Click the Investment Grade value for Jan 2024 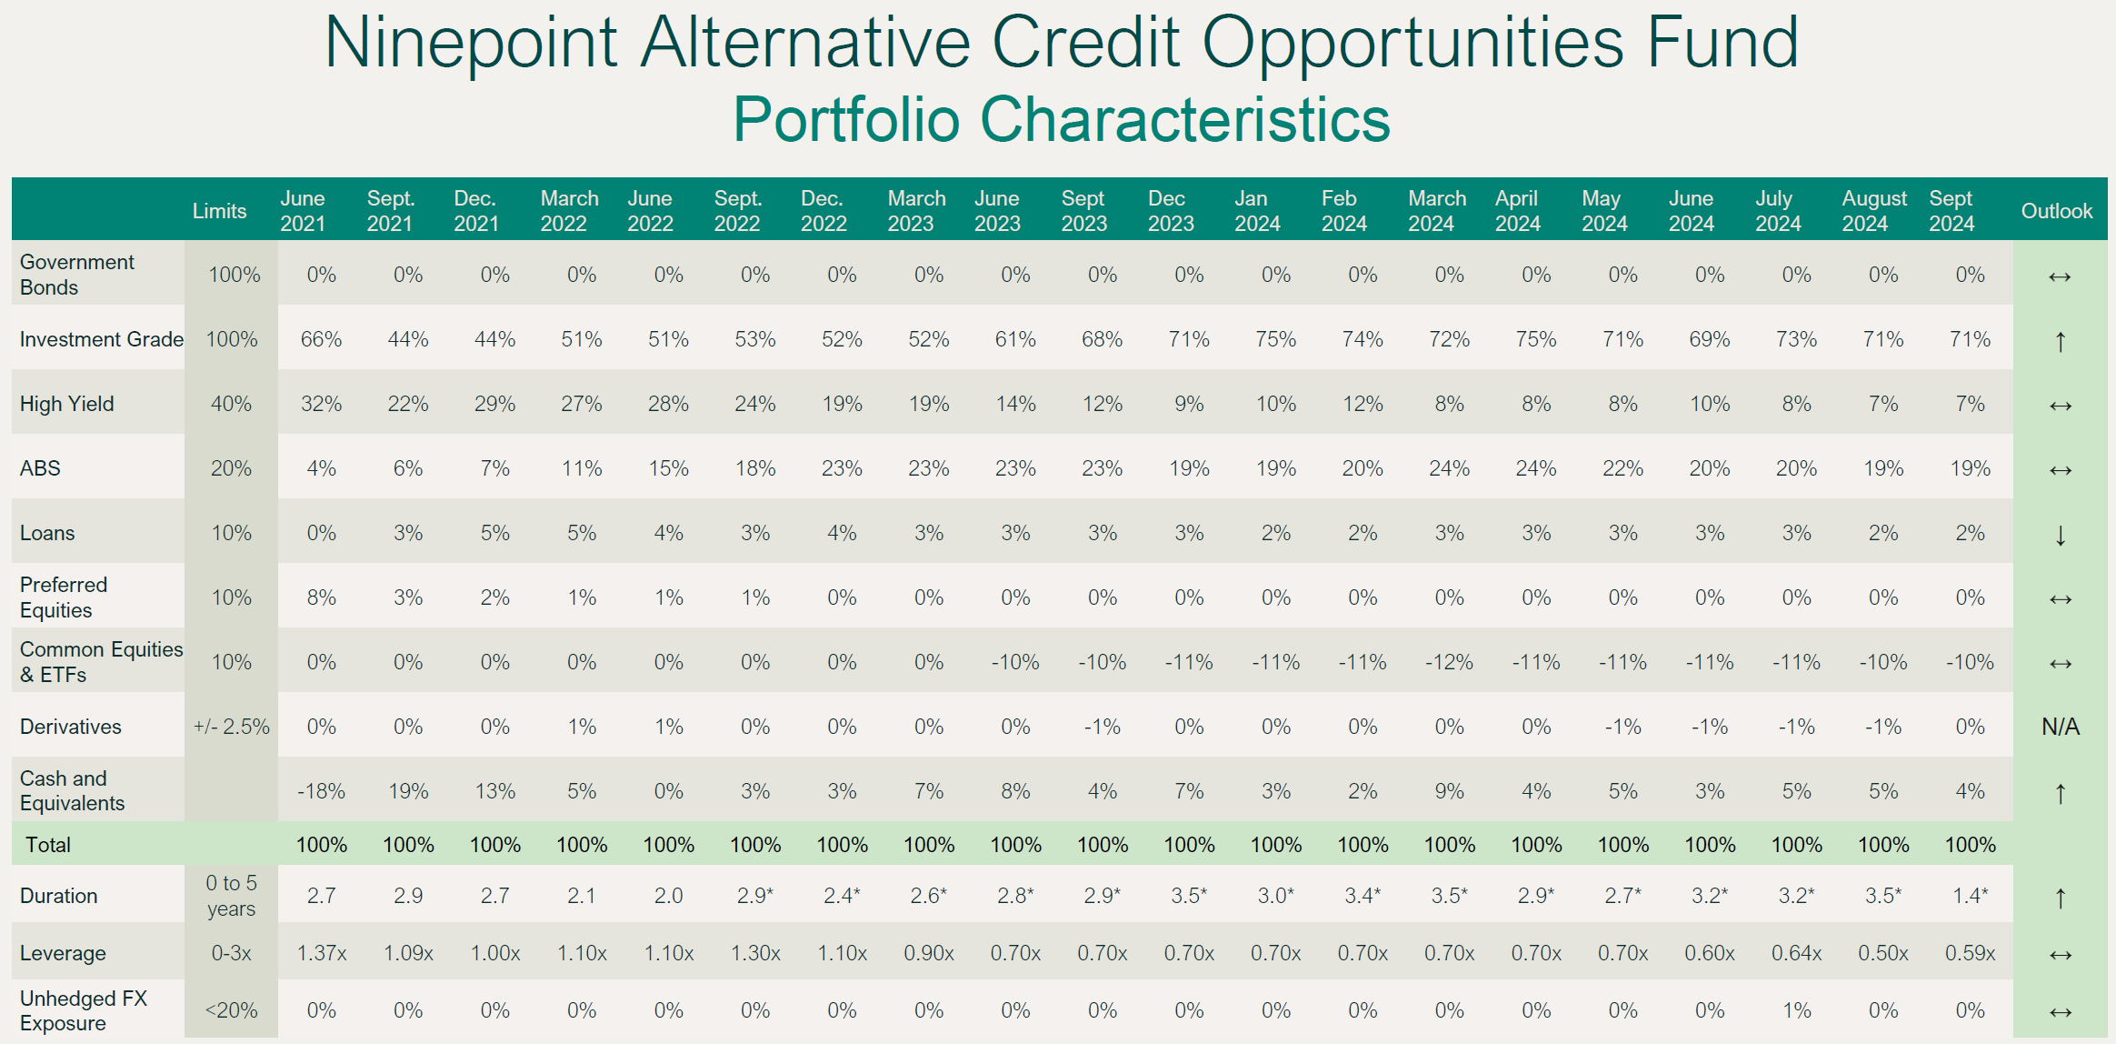coord(1275,339)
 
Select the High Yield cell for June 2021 coord(321,404)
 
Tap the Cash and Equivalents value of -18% coord(321,791)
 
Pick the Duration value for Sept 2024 coord(1970,896)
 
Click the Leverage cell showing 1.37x coord(321,953)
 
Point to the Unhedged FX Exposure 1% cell coord(1796,1010)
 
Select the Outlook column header coord(2056,211)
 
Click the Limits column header coord(219,211)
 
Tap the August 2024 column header coord(1873,211)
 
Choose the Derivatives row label coord(71,727)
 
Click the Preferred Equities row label coord(64,597)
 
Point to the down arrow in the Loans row coord(2060,535)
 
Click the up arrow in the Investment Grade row coord(2060,341)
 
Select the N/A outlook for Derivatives coord(2060,727)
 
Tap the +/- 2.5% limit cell coord(231,727)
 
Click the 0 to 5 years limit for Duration coord(231,896)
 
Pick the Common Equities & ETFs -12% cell coord(1449,662)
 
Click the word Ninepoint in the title coord(471,43)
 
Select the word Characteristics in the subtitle coord(1185,119)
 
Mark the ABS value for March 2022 coord(581,468)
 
